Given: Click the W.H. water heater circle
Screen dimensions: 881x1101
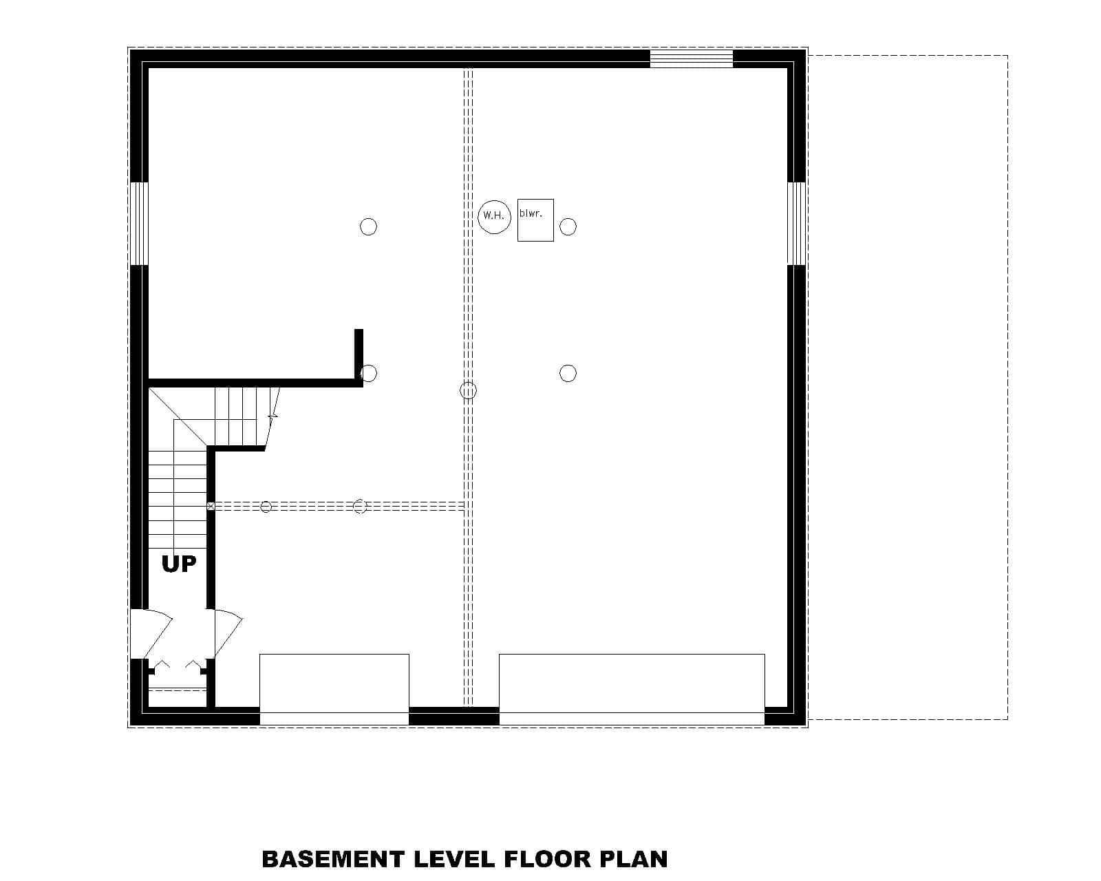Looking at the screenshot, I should [x=494, y=215].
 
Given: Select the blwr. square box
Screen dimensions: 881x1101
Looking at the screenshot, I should [x=535, y=220].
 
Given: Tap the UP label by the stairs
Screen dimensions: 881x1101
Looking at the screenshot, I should [x=179, y=564].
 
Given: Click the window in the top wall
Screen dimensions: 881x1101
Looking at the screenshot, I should [x=692, y=59].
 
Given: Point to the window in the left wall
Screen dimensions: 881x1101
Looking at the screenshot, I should [x=139, y=223].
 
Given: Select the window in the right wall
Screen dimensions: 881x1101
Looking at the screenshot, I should [x=796, y=223].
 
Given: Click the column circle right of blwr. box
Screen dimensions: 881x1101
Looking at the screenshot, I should [x=568, y=226].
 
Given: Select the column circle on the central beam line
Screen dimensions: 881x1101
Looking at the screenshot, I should [x=468, y=391].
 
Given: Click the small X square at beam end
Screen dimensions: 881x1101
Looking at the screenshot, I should [x=211, y=506].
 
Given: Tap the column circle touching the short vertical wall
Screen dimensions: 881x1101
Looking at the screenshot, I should [x=369, y=373].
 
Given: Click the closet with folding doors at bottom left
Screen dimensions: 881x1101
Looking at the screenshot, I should [x=178, y=685].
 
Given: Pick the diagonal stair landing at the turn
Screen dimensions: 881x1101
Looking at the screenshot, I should [x=178, y=416].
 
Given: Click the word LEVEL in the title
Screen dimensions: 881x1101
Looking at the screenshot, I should [x=453, y=859].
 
